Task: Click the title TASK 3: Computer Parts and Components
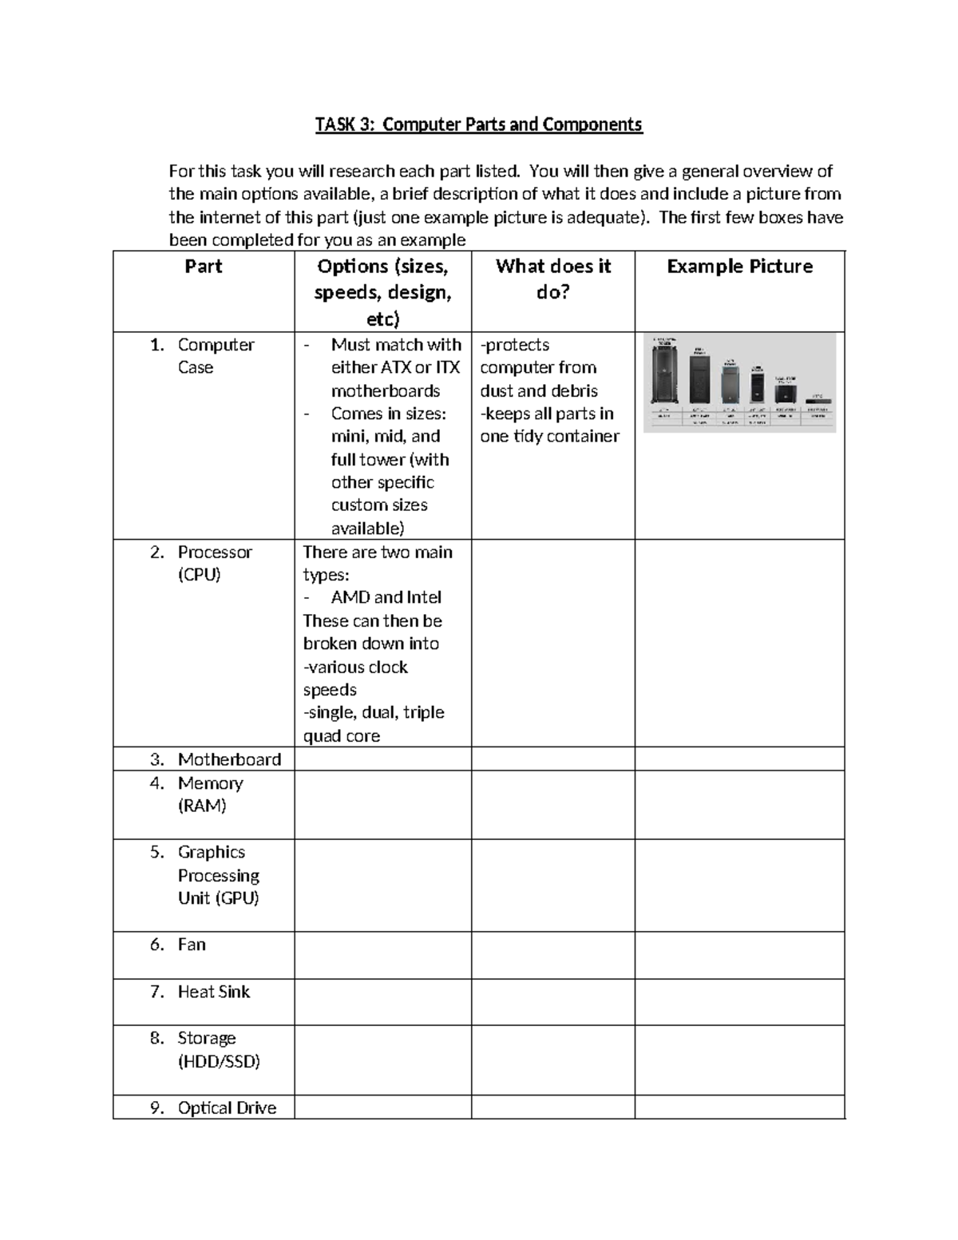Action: click(478, 125)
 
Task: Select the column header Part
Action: click(203, 267)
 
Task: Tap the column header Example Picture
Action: click(739, 267)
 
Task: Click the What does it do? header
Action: click(552, 279)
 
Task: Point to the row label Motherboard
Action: click(229, 759)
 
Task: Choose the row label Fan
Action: click(192, 945)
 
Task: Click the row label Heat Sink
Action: click(213, 992)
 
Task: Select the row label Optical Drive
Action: click(227, 1108)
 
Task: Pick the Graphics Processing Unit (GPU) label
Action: click(218, 875)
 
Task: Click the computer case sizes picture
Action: click(739, 382)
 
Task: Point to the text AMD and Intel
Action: click(386, 597)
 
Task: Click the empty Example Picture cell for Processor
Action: click(739, 643)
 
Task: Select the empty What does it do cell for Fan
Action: click(552, 955)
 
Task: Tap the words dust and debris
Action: click(538, 391)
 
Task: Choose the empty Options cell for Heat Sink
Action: click(382, 1002)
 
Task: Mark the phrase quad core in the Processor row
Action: click(342, 736)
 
